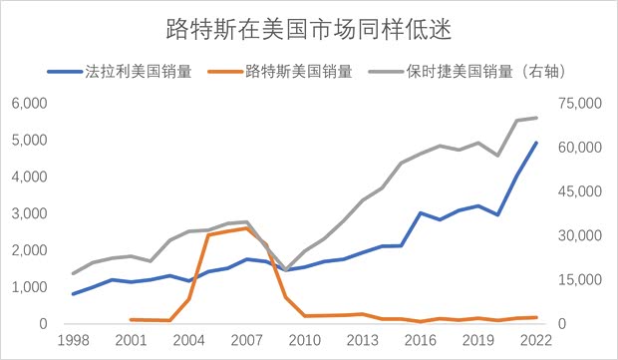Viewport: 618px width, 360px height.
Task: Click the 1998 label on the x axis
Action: (73, 341)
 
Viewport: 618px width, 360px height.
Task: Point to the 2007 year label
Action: (246, 341)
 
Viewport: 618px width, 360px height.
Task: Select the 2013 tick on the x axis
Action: (362, 341)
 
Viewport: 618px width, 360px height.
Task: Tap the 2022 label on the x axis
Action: (536, 341)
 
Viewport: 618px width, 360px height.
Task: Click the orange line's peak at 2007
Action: (246, 227)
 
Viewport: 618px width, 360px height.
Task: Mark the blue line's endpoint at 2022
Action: (536, 143)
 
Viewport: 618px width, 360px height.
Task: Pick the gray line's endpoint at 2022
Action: (536, 118)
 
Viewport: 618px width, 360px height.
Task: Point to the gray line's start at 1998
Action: (73, 273)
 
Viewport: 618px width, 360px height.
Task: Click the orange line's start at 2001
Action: (131, 319)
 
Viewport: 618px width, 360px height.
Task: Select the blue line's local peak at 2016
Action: (421, 212)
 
